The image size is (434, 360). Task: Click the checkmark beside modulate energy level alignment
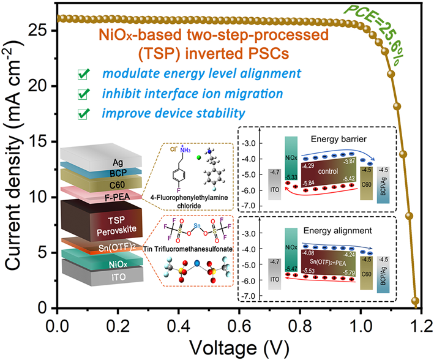point(82,75)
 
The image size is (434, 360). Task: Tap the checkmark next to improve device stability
point(82,114)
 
